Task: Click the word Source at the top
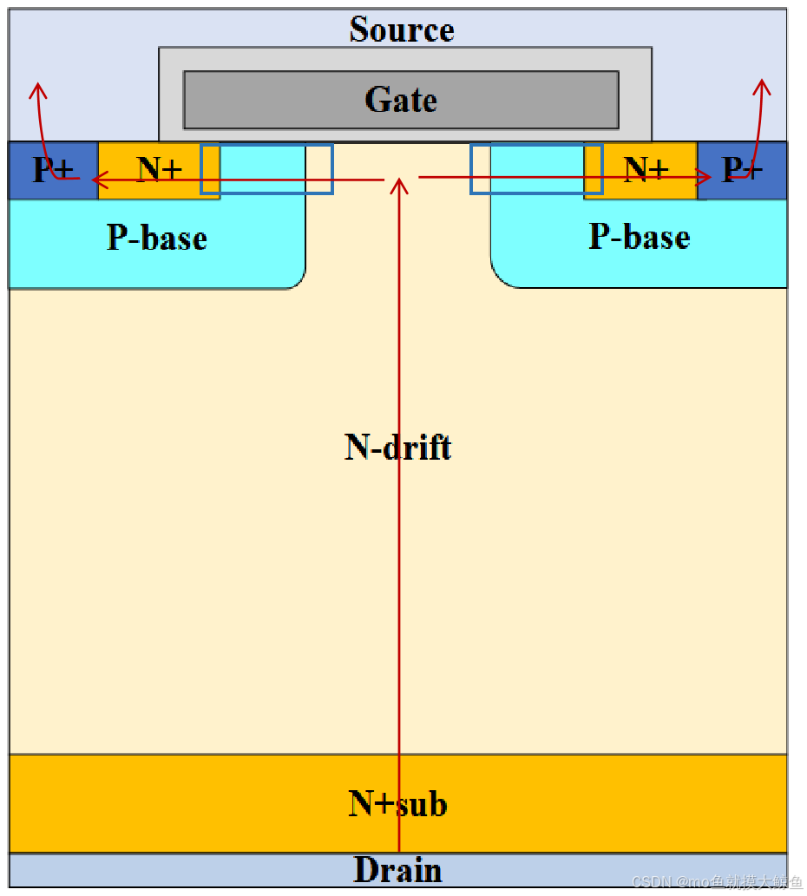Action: (x=402, y=29)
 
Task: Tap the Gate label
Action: (x=401, y=100)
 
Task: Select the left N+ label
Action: (x=160, y=168)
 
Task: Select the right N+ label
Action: (x=646, y=168)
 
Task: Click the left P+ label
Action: (x=53, y=170)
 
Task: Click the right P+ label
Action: (x=743, y=170)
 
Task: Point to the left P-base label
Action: (x=157, y=237)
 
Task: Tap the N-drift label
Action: (x=398, y=448)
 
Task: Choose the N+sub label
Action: (x=398, y=804)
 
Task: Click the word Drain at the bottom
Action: (x=398, y=870)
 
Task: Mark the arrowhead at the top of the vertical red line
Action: (x=399, y=183)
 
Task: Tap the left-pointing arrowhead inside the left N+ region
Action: (x=98, y=180)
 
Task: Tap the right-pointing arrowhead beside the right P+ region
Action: (x=706, y=178)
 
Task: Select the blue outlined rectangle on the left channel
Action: (x=266, y=169)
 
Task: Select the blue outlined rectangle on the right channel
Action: (x=536, y=169)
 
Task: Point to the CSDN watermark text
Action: (x=717, y=882)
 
